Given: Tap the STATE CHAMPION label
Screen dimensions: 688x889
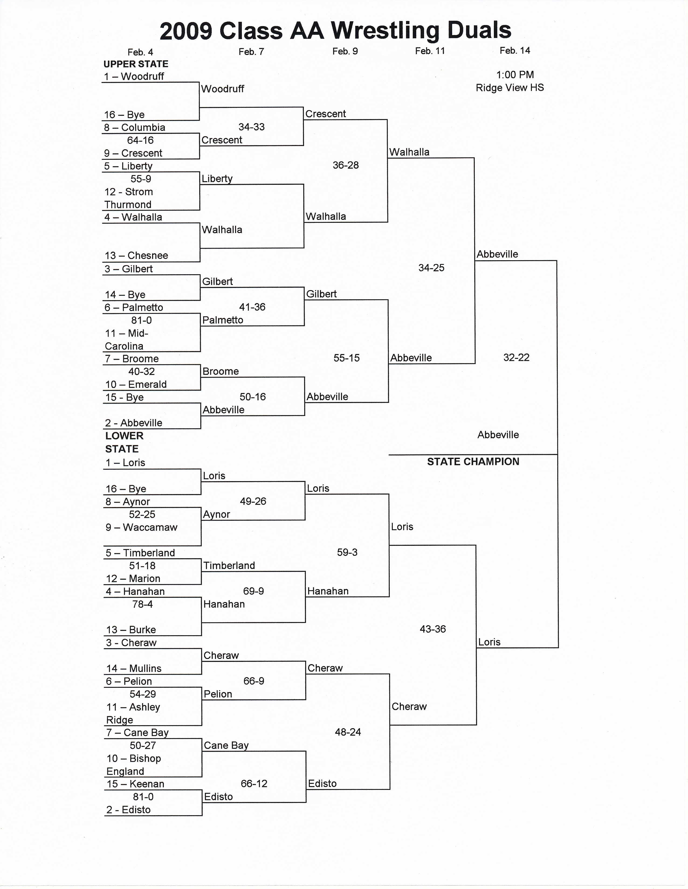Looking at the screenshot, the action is [473, 461].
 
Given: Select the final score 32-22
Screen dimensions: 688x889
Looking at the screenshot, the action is [516, 357].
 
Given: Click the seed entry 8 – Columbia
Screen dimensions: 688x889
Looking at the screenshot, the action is [135, 127].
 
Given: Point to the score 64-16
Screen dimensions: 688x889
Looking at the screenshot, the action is [140, 140].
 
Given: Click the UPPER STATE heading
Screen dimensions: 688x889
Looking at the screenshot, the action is [136, 64].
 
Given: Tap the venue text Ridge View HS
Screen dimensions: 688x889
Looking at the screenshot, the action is [510, 88].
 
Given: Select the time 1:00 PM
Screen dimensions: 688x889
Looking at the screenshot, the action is [515, 75].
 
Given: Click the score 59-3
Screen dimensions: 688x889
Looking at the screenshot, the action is [347, 552].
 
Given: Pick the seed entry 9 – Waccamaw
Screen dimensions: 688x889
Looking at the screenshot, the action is [141, 527].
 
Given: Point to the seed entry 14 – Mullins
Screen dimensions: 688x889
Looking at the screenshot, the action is [134, 668].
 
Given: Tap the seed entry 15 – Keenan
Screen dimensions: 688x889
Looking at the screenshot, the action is [135, 784].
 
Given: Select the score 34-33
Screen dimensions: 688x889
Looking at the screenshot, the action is [251, 127].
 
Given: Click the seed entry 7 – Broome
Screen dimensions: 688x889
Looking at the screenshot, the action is [132, 359].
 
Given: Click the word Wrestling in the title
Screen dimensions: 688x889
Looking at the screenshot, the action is [385, 30].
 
